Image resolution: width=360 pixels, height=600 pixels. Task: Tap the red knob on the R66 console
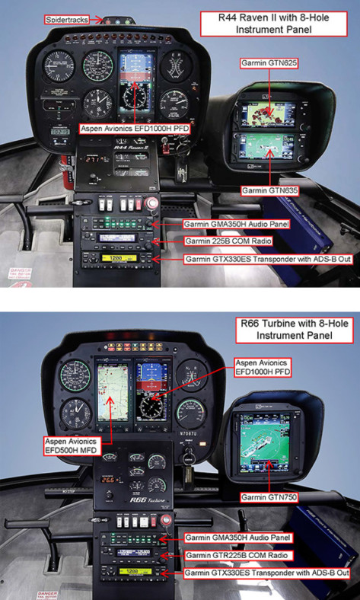166,520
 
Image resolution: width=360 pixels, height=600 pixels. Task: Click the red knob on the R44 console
150,203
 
